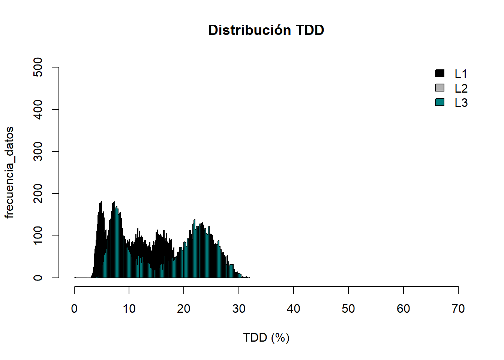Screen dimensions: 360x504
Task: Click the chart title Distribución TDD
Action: (266, 30)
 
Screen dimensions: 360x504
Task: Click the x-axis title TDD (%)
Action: (266, 337)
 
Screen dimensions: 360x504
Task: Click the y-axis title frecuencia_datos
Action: (9, 172)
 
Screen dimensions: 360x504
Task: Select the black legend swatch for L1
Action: (439, 73)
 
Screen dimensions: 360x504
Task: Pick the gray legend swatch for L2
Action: (439, 88)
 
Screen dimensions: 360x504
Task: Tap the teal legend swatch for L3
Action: (439, 102)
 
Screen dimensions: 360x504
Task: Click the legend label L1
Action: (461, 74)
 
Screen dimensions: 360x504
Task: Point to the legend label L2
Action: (461, 88)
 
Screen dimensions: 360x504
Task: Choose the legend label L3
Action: (461, 103)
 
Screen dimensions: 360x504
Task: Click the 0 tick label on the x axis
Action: (74, 309)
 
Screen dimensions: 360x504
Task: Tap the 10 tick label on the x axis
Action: (129, 309)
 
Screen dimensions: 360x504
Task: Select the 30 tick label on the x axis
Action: (238, 309)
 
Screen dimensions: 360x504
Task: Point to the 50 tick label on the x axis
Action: (348, 309)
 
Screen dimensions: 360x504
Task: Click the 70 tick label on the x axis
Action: (458, 309)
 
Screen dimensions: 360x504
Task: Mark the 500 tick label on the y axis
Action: (38, 67)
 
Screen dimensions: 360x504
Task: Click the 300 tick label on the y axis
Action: (38, 151)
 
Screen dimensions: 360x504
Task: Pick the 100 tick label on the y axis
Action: (38, 235)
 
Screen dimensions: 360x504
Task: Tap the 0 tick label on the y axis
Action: (38, 278)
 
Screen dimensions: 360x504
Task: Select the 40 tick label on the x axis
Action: (293, 309)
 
